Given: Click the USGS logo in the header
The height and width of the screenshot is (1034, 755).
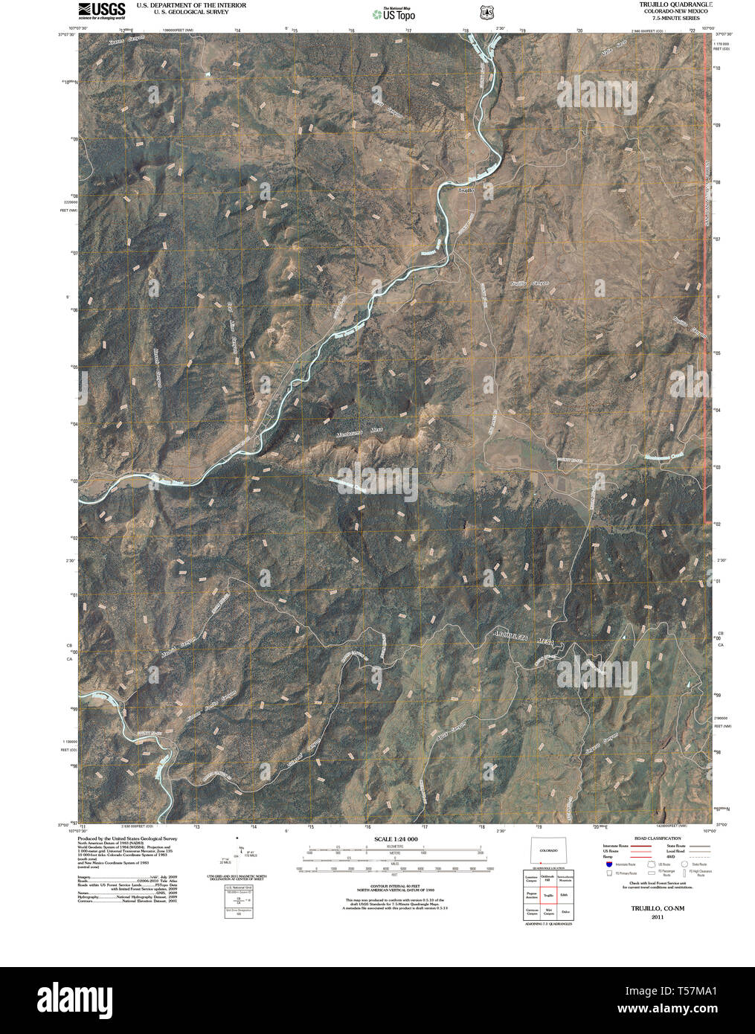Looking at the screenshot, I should click(102, 10).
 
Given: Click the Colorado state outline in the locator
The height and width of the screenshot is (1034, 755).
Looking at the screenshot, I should click(548, 850).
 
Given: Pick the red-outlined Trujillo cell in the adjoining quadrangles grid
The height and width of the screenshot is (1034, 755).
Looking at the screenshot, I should click(548, 896).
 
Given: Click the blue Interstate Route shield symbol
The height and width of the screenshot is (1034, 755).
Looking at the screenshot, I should click(608, 864).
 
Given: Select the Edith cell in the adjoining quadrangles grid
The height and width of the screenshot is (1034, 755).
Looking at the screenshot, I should click(565, 896).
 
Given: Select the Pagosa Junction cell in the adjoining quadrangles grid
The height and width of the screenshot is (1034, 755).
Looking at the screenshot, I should click(531, 896).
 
